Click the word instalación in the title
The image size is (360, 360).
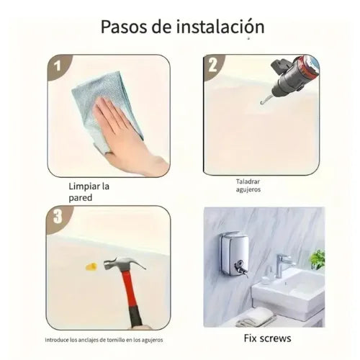point(220,27)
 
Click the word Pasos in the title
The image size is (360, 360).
point(124,27)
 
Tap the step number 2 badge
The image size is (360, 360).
point(213,66)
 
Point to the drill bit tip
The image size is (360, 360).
point(261,103)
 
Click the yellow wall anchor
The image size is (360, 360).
point(91,266)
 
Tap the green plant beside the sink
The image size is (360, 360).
point(318,259)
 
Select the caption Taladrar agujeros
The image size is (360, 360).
point(248,185)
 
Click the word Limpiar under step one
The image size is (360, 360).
point(84,186)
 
